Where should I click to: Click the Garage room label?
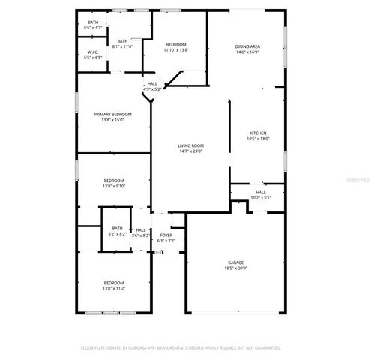tap(235, 262)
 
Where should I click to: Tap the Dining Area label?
tap(247, 46)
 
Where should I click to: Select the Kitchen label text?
tap(258, 133)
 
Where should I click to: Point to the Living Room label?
tap(191, 145)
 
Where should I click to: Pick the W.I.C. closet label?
tap(93, 52)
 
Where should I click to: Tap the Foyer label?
tap(166, 235)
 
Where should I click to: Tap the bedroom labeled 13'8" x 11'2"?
tap(114, 285)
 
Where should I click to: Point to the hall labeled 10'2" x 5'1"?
tap(261, 195)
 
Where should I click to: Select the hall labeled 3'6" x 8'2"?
tap(141, 232)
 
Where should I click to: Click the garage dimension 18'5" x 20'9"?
tap(235, 267)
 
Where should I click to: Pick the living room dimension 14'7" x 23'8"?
tap(191, 151)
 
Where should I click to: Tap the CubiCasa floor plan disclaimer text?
tap(181, 348)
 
